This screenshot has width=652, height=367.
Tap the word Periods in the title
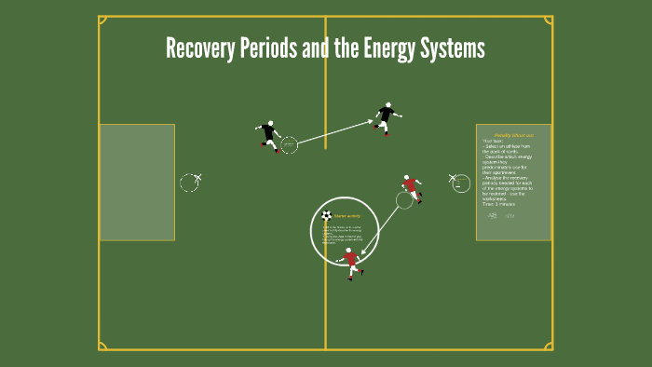click(x=270, y=48)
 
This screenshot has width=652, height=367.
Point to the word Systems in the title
click(x=454, y=48)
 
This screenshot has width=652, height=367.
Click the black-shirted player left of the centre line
click(x=270, y=136)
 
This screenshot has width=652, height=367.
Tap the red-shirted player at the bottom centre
click(x=351, y=262)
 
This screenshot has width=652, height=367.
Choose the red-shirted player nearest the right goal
click(x=411, y=187)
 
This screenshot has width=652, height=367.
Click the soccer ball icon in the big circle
click(x=326, y=215)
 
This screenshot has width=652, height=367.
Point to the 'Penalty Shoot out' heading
click(x=513, y=135)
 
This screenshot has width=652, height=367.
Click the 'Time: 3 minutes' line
click(x=503, y=203)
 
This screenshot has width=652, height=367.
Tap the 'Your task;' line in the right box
click(x=493, y=141)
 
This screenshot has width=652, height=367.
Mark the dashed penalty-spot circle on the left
click(x=189, y=183)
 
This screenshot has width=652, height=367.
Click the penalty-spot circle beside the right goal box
click(x=461, y=183)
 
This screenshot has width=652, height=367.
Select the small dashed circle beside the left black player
click(x=289, y=144)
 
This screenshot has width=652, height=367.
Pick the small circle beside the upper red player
click(x=404, y=199)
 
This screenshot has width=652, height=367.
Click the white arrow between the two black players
click(x=335, y=131)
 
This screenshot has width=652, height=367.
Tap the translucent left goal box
click(x=137, y=183)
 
